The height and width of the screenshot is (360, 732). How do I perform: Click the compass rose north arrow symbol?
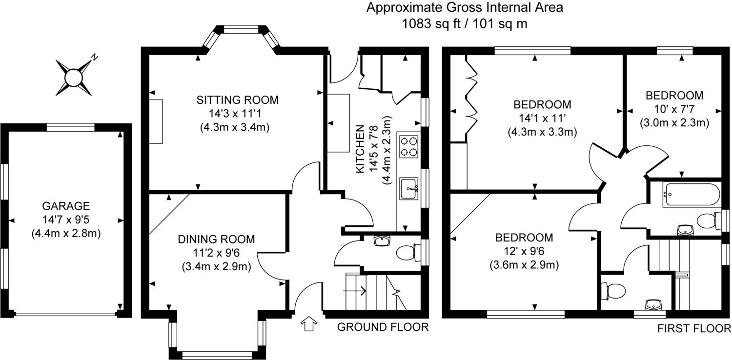tap(74, 78)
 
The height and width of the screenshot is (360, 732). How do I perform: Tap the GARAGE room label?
tap(66, 206)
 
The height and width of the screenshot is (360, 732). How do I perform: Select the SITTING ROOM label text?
tap(238, 100)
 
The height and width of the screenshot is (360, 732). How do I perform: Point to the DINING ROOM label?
tap(216, 239)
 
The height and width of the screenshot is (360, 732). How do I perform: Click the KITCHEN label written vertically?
tap(360, 149)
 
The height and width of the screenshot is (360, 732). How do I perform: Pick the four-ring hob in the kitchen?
tap(409, 147)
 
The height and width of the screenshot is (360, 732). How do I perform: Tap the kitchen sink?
tap(409, 188)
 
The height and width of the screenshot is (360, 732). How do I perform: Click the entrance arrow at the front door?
tap(308, 324)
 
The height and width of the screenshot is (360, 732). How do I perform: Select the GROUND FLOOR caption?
tap(383, 327)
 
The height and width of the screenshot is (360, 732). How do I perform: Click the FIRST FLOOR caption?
tap(694, 328)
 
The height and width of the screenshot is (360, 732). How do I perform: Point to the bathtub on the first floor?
tap(691, 195)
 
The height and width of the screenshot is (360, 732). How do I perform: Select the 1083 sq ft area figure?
tap(431, 24)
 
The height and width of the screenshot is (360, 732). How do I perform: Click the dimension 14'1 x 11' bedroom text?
tap(543, 118)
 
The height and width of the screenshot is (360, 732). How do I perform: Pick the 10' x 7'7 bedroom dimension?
tap(674, 109)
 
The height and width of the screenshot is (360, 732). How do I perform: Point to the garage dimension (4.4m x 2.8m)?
tap(66, 234)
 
